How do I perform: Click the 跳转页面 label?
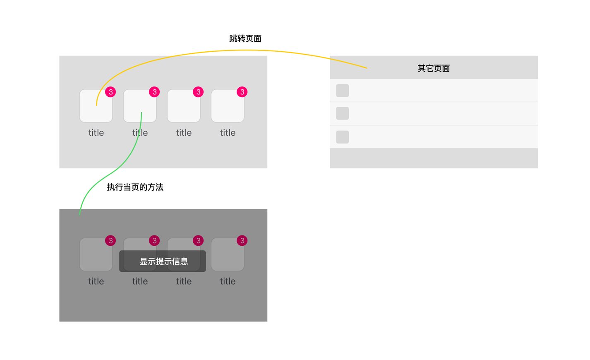[x=245, y=38]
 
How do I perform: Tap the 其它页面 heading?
[x=434, y=68]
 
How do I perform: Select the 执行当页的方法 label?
[x=135, y=187]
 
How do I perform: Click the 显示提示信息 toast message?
[x=163, y=261]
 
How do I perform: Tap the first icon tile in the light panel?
[x=96, y=106]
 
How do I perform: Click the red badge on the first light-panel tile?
[x=110, y=92]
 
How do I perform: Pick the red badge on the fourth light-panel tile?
[x=242, y=92]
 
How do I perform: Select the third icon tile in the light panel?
[x=184, y=106]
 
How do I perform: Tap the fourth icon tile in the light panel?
[x=228, y=106]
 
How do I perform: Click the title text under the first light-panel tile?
[x=96, y=132]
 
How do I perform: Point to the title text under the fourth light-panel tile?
[x=228, y=132]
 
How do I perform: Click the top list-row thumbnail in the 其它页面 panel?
[x=343, y=91]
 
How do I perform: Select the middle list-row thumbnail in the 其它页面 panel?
[x=343, y=113]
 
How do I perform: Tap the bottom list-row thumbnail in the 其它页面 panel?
[x=343, y=137]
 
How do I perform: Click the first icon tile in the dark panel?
[x=96, y=254]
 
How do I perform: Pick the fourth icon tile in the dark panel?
[x=228, y=254]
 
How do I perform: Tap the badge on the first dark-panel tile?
[x=110, y=240]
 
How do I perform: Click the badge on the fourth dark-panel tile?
[x=242, y=240]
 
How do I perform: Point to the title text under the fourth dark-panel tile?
[x=228, y=281]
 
